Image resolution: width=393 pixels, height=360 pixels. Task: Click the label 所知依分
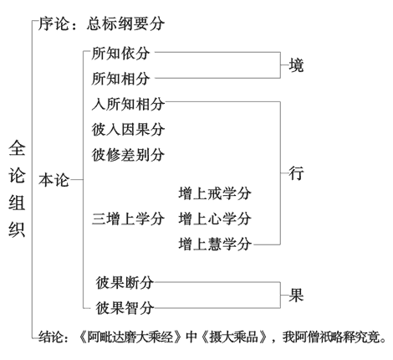coord(120,54)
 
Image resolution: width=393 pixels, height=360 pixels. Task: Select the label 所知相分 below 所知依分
coord(120,79)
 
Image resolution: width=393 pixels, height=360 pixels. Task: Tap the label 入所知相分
coord(128,104)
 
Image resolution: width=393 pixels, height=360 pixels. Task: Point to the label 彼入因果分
coord(128,130)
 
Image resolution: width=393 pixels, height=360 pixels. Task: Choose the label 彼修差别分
coord(128,155)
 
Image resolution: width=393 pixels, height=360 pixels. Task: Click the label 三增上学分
coord(128,219)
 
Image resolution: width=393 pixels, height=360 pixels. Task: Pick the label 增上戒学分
coord(215,193)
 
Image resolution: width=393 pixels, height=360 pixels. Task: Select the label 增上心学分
coord(215,219)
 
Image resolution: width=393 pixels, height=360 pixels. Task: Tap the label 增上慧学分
coord(215,244)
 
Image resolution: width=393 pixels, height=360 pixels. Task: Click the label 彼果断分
coord(125,283)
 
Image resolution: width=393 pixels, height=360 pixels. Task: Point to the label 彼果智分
coord(125,308)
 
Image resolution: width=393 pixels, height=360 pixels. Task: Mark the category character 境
coord(296,65)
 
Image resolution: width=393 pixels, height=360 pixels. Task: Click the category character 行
coord(296,173)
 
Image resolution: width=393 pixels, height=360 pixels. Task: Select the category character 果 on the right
coord(296,296)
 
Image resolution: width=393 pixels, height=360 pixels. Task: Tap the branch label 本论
coord(54,180)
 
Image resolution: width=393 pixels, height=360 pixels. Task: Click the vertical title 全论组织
coord(17,189)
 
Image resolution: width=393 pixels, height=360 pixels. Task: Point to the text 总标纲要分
coord(125,23)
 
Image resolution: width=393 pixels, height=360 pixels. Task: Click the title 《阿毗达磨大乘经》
coord(130,337)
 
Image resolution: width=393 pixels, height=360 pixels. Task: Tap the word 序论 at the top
coord(54,23)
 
